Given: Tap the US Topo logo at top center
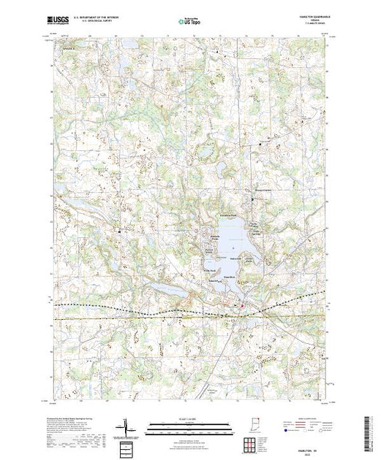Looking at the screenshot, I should coord(189,23).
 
